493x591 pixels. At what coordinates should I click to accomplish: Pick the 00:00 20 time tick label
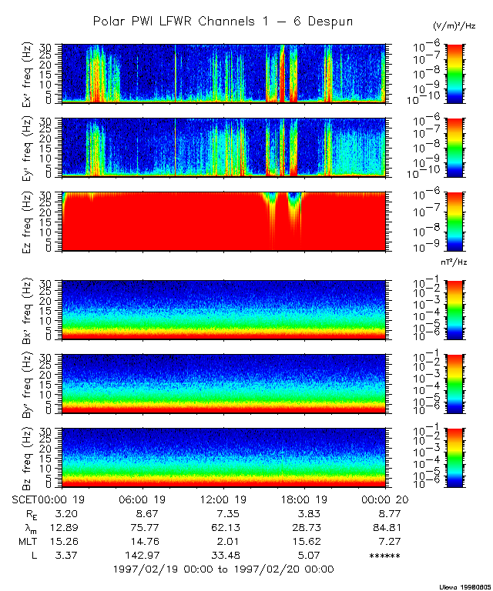pos(384,499)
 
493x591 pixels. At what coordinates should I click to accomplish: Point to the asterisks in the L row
pos(384,556)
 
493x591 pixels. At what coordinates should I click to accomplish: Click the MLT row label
pos(28,541)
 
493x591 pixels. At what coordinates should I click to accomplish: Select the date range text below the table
pos(223,569)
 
